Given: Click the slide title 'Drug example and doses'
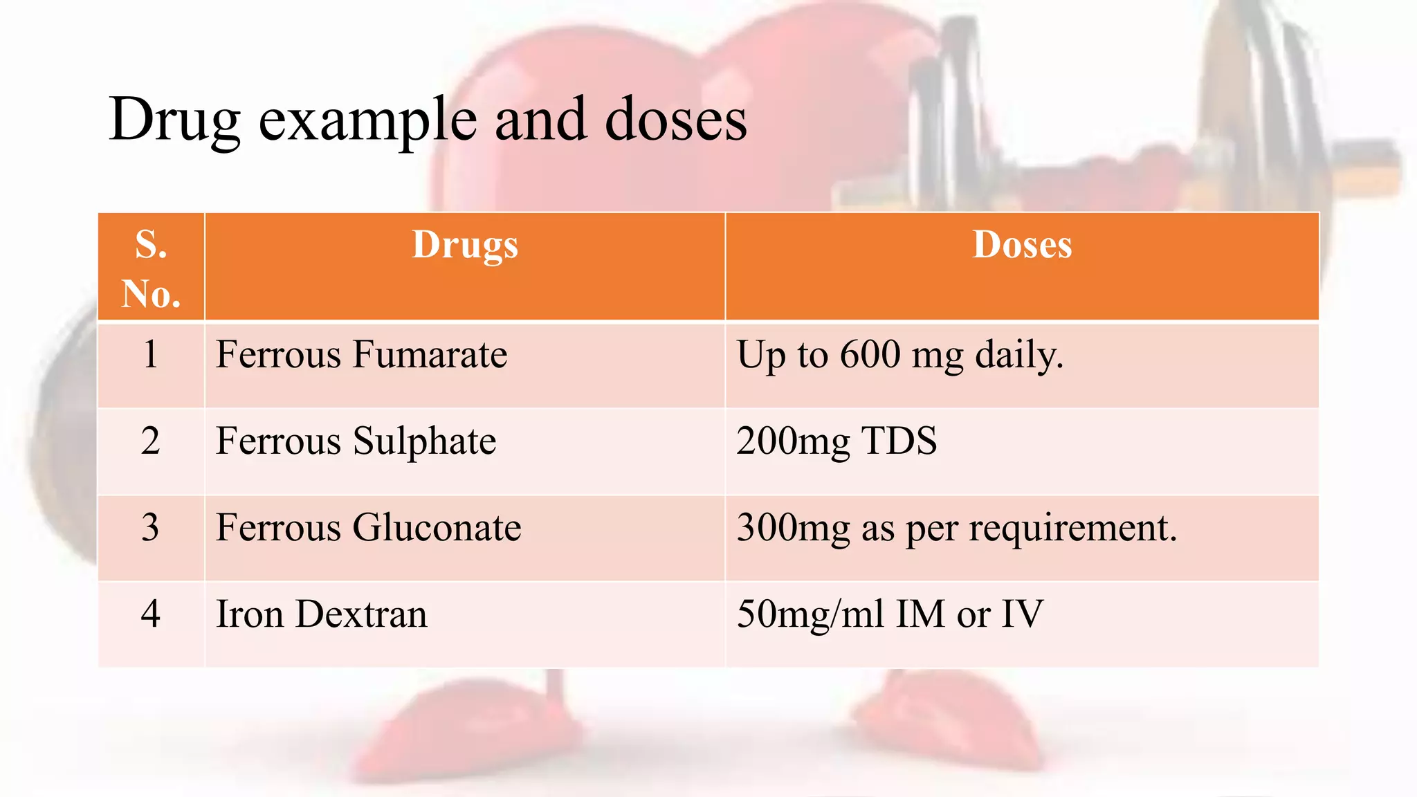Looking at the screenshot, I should point(428,120).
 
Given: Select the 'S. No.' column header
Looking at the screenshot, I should point(151,268).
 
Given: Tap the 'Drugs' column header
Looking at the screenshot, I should point(465,246).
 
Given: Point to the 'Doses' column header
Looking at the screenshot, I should point(1022,245).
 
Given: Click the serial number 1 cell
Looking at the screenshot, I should point(151,354).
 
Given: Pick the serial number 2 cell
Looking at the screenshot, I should point(151,441).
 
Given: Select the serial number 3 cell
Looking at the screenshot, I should point(151,527).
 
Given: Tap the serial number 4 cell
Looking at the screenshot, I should point(151,614).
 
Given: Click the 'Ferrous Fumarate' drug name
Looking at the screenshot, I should point(361,354).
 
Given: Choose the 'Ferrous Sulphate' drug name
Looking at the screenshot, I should point(356,441).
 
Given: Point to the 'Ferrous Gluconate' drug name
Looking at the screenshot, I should point(368,527).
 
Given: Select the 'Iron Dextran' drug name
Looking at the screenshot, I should point(321,614).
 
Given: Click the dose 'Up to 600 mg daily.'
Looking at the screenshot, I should point(899,355).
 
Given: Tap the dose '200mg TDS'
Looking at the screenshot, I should point(837,441).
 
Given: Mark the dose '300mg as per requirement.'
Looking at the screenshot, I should point(956,528).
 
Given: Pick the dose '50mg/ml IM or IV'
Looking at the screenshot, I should point(890,614).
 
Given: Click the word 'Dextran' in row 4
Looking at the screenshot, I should point(361,614).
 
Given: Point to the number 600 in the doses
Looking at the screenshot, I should point(870,354).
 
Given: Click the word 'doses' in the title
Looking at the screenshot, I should point(676,120).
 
